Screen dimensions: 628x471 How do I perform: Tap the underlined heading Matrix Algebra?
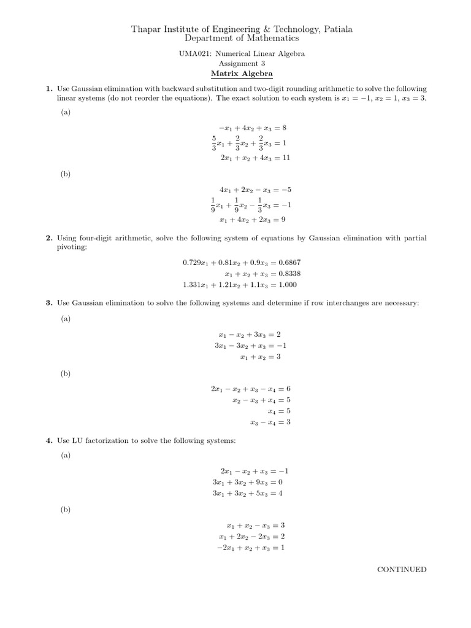tap(235, 73)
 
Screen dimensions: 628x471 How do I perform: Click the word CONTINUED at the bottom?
tap(402, 569)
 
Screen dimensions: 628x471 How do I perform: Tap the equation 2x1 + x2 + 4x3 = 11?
tap(255, 158)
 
